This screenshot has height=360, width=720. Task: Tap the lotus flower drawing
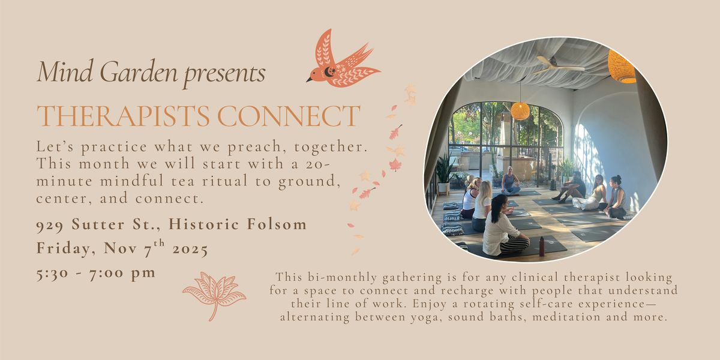[x=214, y=293]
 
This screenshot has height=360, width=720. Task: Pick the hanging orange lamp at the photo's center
[x=520, y=111]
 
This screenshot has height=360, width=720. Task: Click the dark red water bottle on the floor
[x=542, y=246]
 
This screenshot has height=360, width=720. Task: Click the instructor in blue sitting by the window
[x=511, y=182]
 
